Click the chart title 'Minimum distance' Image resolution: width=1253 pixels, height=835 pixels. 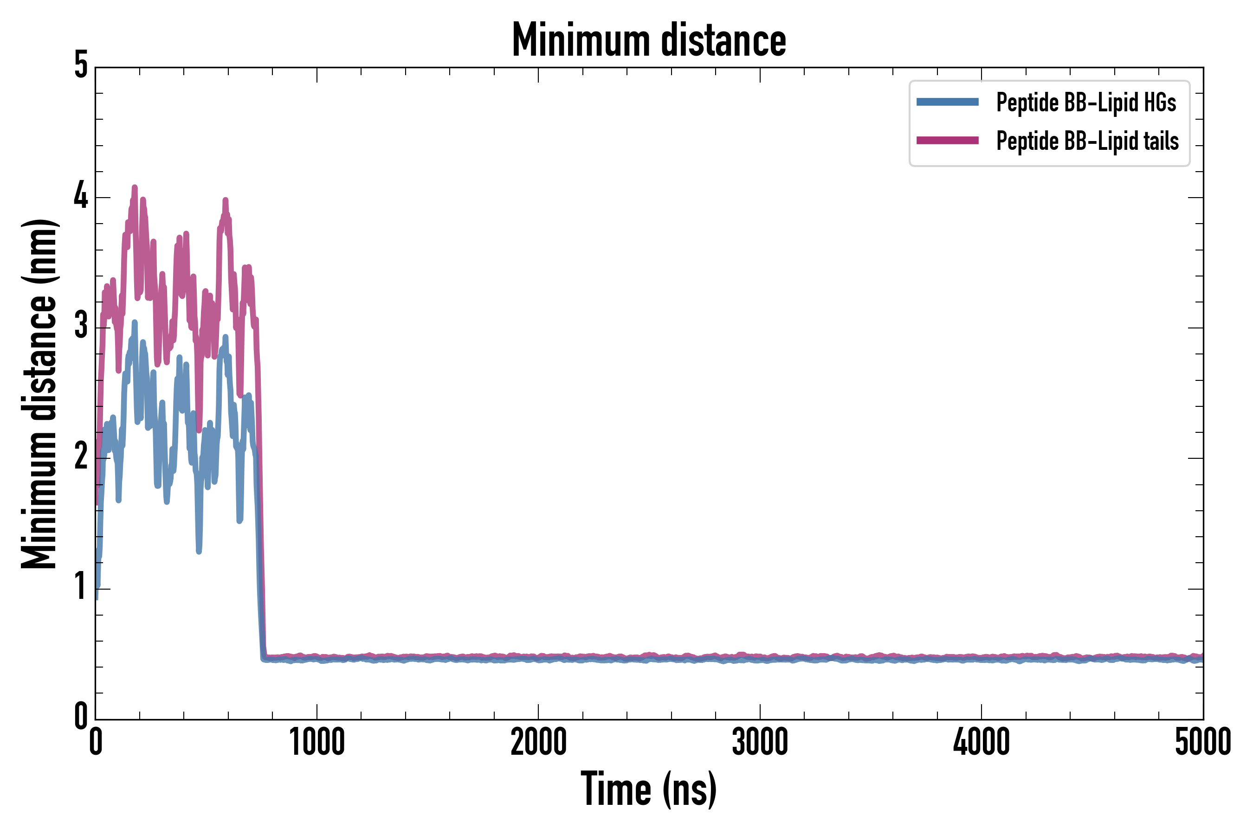(x=648, y=40)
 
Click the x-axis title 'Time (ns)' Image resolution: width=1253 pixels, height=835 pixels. (x=648, y=789)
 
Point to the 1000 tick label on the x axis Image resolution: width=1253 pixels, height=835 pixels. (x=317, y=742)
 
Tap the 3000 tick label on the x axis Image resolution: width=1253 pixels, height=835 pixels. (x=760, y=742)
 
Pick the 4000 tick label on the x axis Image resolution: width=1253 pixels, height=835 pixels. (x=982, y=742)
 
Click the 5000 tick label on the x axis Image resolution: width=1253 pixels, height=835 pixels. (x=1202, y=742)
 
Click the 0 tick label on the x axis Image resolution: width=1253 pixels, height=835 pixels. (x=96, y=742)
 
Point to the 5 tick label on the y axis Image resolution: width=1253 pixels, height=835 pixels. (x=81, y=66)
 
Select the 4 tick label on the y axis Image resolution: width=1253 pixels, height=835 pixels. (x=81, y=196)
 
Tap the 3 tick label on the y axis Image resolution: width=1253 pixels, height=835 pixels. (x=81, y=326)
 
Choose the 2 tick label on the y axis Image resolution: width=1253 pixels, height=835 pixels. (x=81, y=457)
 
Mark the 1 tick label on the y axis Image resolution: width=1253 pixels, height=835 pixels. (x=81, y=587)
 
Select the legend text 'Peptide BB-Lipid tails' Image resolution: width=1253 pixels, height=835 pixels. (x=1087, y=141)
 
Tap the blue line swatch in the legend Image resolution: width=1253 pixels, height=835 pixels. (x=947, y=102)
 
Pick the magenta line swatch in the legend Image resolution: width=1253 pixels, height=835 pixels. (x=947, y=141)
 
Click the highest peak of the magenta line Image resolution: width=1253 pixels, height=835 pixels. (x=135, y=187)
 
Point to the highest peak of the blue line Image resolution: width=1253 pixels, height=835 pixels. (x=135, y=323)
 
